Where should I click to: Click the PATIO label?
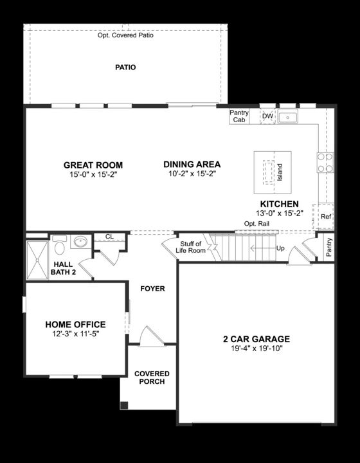click(125, 67)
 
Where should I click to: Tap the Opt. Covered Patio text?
click(125, 35)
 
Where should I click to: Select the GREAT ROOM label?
click(93, 165)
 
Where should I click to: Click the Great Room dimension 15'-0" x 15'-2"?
click(93, 174)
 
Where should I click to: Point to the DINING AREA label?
click(192, 164)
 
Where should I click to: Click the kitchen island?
click(273, 172)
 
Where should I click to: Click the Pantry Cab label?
click(239, 116)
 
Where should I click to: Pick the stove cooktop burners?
click(325, 163)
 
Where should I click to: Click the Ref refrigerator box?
click(325, 217)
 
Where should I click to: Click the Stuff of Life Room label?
click(192, 248)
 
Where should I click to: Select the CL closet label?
click(109, 237)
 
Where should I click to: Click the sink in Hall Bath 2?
click(81, 242)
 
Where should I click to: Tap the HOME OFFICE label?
click(75, 325)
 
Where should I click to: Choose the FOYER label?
click(152, 289)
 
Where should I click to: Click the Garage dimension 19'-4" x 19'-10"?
click(256, 348)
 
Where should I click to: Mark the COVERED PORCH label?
click(152, 377)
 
